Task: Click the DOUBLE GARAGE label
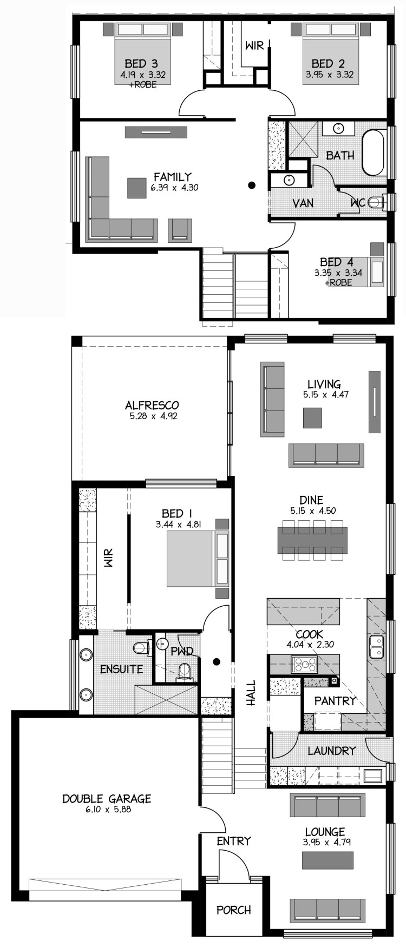(x=107, y=798)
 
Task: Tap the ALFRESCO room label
(x=152, y=405)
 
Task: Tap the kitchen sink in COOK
(x=376, y=647)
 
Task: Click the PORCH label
(x=234, y=910)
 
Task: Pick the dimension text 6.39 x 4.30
(x=172, y=188)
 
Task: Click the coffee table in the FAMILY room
(x=137, y=188)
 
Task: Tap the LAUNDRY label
(x=332, y=751)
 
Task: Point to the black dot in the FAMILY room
(x=252, y=185)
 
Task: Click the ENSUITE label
(x=122, y=669)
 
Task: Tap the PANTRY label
(x=335, y=701)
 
